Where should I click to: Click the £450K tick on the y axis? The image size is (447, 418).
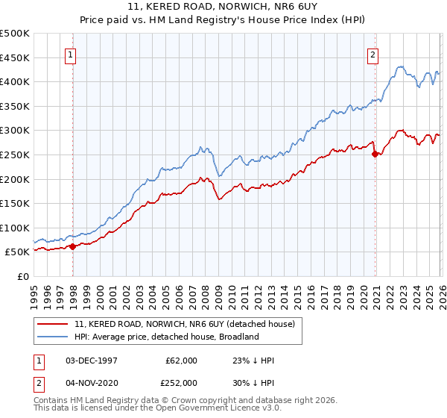click(15, 57)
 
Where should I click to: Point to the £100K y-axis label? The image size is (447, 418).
click(15, 228)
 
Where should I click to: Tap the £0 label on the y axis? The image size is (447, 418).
click(23, 276)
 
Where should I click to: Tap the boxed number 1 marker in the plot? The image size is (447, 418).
click(70, 54)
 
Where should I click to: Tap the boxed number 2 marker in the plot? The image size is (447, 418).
click(372, 54)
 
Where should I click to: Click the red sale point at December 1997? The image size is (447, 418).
click(72, 246)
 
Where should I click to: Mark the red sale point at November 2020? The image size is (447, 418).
click(375, 154)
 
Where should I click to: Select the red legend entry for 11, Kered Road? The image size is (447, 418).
click(185, 324)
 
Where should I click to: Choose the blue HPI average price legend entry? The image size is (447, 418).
click(165, 337)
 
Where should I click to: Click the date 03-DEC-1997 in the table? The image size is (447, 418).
click(92, 361)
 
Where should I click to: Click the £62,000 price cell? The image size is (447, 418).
click(181, 361)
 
